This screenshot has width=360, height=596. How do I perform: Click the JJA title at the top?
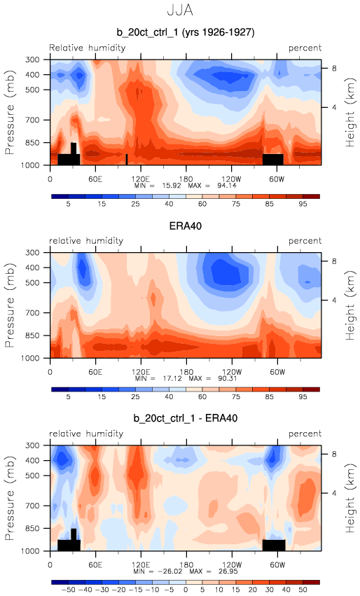180,10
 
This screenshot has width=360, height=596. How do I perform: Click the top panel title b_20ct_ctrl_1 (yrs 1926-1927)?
186,32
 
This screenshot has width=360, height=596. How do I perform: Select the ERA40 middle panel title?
185,226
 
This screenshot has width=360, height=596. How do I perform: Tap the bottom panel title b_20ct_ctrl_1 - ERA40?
186,419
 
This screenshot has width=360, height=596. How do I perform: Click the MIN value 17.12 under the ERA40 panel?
170,379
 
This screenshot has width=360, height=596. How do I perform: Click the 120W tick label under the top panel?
232,179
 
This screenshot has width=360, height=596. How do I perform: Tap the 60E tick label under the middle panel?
95,372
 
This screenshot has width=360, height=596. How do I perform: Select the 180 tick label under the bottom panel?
186,564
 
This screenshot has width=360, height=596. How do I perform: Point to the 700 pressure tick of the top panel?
32,120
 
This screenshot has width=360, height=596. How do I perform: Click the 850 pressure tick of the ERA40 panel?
32,335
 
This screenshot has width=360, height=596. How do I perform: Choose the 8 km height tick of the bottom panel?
334,455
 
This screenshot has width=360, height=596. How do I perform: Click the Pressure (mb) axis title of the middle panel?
10,305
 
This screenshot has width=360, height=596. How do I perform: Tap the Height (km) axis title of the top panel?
349,113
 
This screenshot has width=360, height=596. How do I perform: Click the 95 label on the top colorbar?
303,204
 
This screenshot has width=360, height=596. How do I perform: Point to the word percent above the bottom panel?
305,434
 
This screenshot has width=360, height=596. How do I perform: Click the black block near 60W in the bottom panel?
274,545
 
